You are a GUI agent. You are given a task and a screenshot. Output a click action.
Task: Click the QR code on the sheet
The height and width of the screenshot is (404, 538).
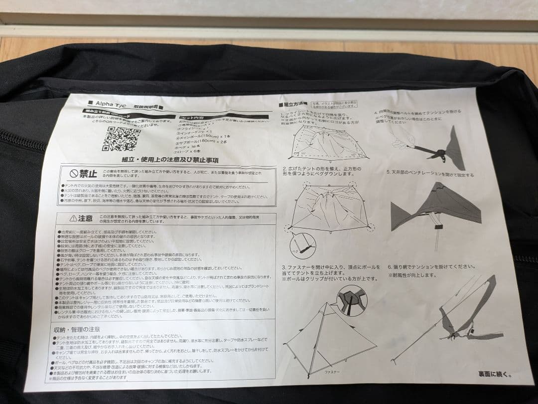[x=121, y=138]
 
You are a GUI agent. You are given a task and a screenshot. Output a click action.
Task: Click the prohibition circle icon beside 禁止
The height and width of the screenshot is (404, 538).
[x=74, y=174]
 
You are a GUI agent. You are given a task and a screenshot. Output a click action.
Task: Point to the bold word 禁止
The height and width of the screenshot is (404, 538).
[x=89, y=174]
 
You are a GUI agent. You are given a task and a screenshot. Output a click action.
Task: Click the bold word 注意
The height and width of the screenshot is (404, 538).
[x=86, y=218]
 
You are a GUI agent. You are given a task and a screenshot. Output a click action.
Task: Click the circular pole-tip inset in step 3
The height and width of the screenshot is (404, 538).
[x=351, y=300]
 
